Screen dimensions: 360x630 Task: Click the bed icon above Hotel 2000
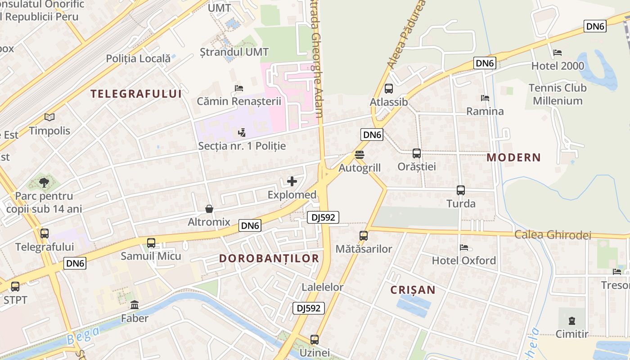(x=558, y=53)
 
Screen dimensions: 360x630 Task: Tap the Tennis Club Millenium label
(x=558, y=94)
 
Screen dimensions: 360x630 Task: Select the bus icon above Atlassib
(x=389, y=89)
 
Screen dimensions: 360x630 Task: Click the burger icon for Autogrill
(x=359, y=155)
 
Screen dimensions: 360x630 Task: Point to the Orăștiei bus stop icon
(x=417, y=153)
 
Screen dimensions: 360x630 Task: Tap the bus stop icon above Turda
(x=461, y=190)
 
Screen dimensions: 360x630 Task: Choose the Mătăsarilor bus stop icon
(x=364, y=235)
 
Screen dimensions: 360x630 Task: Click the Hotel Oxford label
(x=464, y=261)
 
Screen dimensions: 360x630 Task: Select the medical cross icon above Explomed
(x=292, y=181)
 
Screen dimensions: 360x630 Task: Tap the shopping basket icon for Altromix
(x=209, y=209)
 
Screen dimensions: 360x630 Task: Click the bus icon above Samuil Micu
(x=151, y=243)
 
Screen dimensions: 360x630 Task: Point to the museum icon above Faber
(x=135, y=305)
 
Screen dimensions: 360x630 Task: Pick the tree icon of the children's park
(x=44, y=182)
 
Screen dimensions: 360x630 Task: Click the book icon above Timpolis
(x=49, y=117)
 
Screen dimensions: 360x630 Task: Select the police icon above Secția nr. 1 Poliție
(x=242, y=133)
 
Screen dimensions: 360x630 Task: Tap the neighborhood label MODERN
(x=513, y=157)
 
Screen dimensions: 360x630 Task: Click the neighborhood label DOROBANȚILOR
(x=269, y=258)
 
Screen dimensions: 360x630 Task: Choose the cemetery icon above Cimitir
(x=571, y=321)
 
